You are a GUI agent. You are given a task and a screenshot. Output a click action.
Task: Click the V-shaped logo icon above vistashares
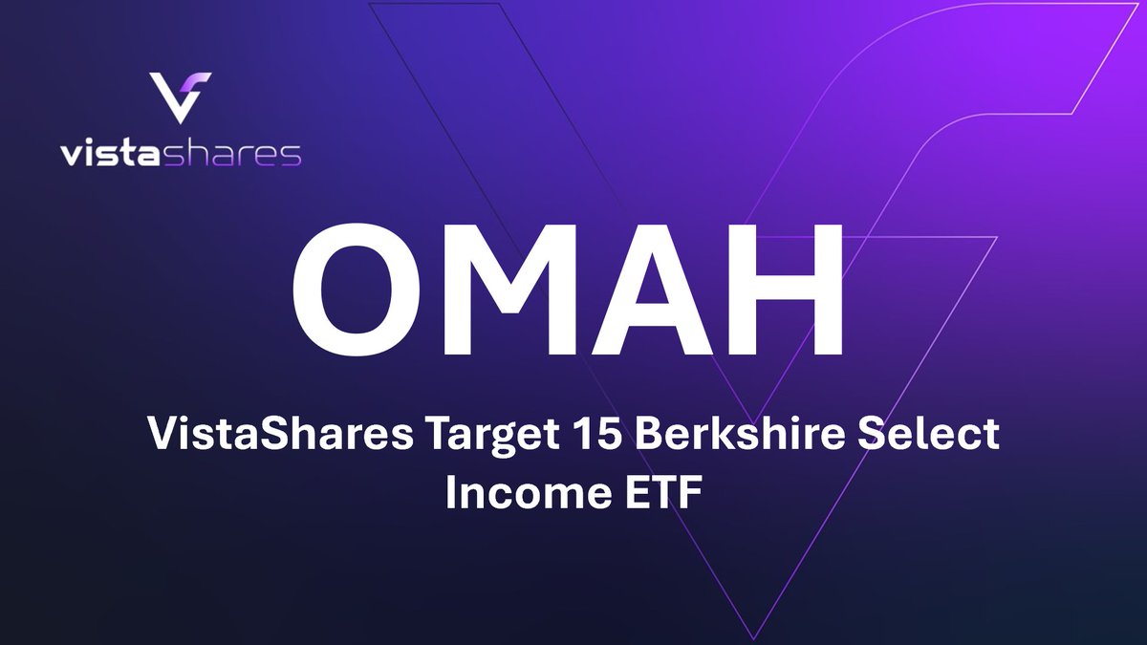[x=181, y=97]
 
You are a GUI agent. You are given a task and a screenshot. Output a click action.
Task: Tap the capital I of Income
[x=450, y=495]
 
